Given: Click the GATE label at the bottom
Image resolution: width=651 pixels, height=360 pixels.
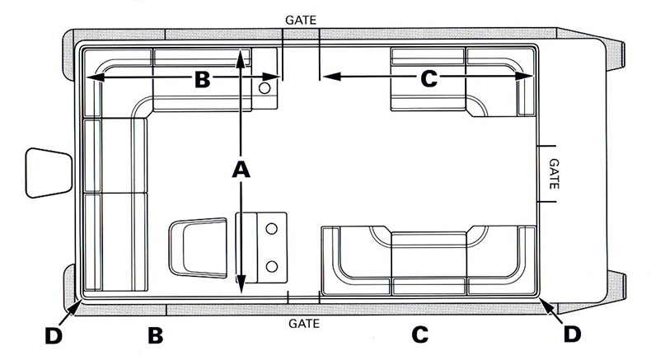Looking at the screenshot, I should (304, 324).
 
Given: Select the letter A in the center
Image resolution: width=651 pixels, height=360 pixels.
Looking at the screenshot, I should (240, 169).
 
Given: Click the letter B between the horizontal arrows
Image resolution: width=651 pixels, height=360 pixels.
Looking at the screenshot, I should (202, 79).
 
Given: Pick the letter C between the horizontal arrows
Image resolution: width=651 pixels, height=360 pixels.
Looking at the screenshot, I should (429, 79).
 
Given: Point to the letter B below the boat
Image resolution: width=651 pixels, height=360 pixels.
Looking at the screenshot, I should (155, 336).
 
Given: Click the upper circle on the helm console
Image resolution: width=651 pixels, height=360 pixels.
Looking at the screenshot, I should (271, 228).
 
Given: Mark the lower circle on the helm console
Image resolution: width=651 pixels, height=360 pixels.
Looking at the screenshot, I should (271, 265).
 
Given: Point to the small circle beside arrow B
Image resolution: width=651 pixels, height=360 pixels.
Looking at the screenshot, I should (265, 86).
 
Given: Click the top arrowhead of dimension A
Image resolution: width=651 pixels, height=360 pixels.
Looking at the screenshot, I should (240, 54).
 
